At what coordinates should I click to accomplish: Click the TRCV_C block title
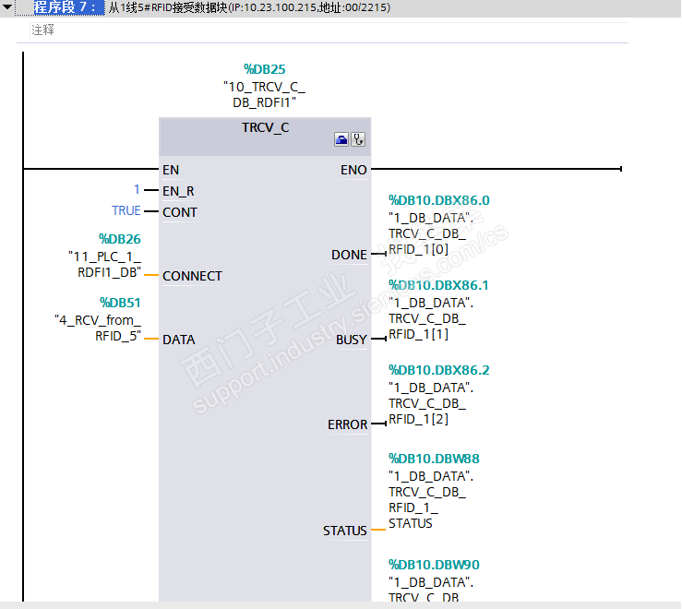pyautogui.click(x=265, y=127)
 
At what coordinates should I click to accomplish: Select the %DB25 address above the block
pyautogui.click(x=264, y=68)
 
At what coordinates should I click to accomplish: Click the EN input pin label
pyautogui.click(x=171, y=170)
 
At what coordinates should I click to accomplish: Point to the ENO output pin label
pyautogui.click(x=353, y=170)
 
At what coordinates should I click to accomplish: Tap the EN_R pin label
pyautogui.click(x=178, y=191)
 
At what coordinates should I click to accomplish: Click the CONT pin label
pyautogui.click(x=179, y=212)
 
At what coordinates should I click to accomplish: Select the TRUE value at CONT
pyautogui.click(x=126, y=211)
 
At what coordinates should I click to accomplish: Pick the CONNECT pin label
pyautogui.click(x=192, y=276)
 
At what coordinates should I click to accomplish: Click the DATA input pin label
pyautogui.click(x=178, y=340)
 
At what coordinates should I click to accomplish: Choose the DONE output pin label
pyautogui.click(x=349, y=255)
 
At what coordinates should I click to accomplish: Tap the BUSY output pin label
pyautogui.click(x=351, y=340)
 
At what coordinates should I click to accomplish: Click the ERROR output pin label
pyautogui.click(x=347, y=425)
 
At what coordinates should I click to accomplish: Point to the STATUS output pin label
pyautogui.click(x=344, y=531)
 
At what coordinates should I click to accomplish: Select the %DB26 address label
pyautogui.click(x=120, y=239)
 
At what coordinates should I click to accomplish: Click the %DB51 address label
pyautogui.click(x=120, y=303)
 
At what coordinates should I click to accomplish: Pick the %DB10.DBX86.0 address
pyautogui.click(x=438, y=200)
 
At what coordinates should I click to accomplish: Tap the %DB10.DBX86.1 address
pyautogui.click(x=438, y=285)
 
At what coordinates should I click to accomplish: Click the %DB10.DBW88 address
pyautogui.click(x=434, y=459)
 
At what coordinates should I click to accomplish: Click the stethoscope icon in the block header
pyautogui.click(x=358, y=139)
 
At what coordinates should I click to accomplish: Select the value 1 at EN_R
pyautogui.click(x=137, y=190)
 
